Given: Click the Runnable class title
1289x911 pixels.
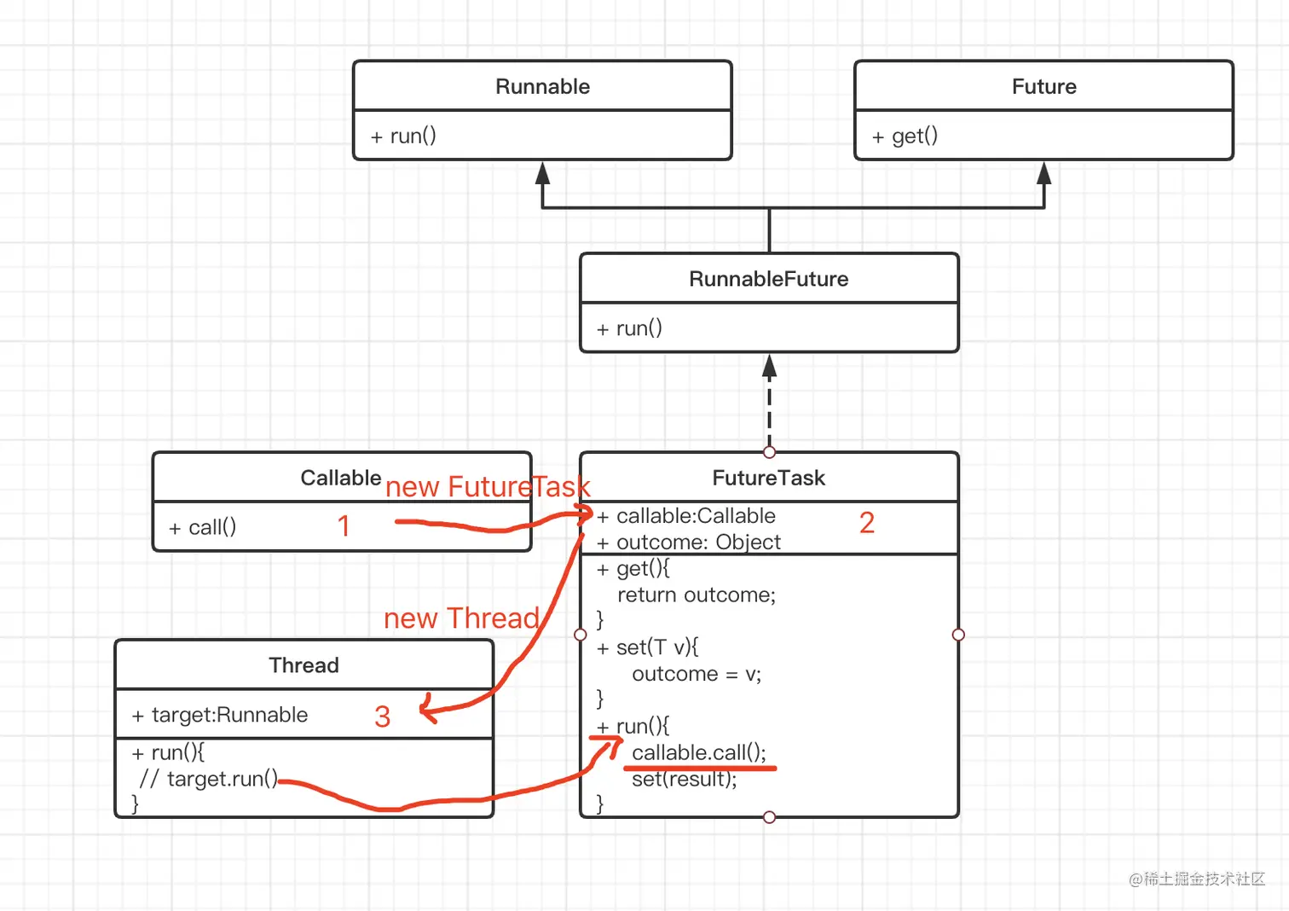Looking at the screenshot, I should pos(542,86).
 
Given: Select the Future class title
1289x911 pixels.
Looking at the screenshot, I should pos(1043,86).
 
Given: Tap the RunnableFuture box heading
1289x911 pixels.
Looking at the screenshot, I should pos(768,279).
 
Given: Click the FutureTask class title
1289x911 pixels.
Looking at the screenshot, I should pos(768,478).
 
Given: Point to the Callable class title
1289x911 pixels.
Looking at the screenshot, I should pos(340,478).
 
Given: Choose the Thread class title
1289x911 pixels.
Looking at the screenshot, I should pos(303,665).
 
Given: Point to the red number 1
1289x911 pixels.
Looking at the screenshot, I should pos(344,525).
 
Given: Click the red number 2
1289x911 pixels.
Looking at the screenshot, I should pos(867,523).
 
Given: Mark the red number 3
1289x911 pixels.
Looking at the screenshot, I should pos(383,717).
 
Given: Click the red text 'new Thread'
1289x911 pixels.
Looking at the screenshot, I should pos(461,618).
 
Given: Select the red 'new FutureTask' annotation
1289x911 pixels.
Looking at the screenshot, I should pos(488,486).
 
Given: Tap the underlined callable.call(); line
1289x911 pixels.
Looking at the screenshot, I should pos(698,752).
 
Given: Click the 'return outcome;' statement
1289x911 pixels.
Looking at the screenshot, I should pos(696,595).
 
